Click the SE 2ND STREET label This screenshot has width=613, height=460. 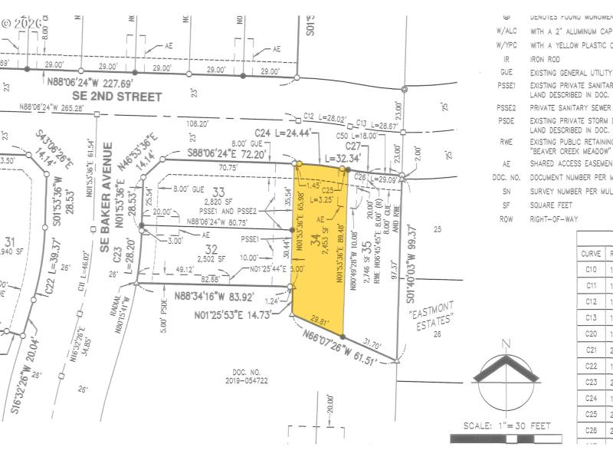click(117, 97)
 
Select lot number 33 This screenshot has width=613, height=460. click(220, 191)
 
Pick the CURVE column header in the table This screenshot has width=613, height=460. click(591, 253)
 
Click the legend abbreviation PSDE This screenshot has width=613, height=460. click(506, 120)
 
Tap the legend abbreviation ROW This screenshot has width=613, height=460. click(506, 219)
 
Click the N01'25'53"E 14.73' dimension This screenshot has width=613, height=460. click(234, 314)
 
